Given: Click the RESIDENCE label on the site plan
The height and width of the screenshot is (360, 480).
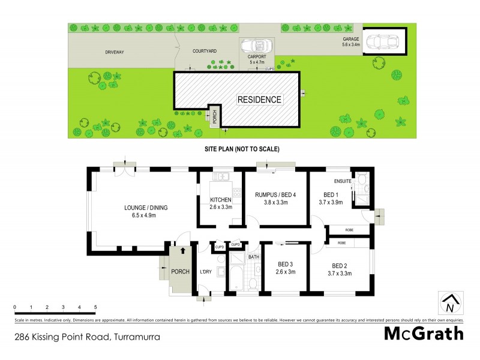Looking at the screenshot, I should click(x=259, y=100).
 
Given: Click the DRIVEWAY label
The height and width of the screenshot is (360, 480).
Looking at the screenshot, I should click(x=114, y=52).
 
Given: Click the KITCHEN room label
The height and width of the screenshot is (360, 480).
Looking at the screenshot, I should click(x=221, y=200).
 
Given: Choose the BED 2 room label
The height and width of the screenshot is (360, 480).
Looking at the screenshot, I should click(x=340, y=266).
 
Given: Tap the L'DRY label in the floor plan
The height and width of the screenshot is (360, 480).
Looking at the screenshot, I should click(x=206, y=272).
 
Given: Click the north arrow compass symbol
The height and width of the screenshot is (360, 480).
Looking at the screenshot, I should click(x=449, y=304).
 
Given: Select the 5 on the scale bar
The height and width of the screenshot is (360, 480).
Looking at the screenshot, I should click(x=95, y=307).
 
